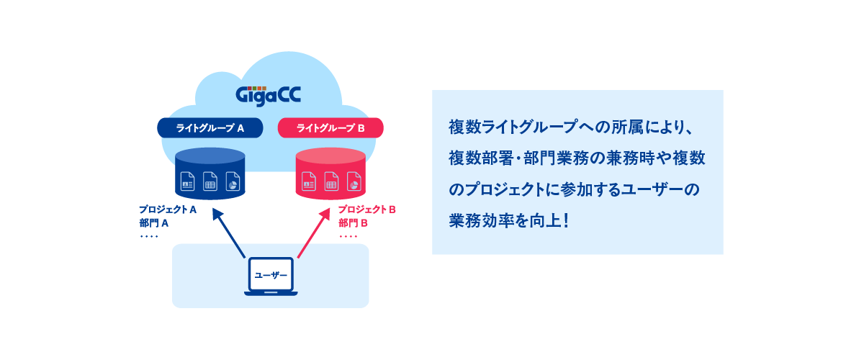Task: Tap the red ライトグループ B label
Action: pos(330,128)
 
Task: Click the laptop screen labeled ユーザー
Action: pos(271,275)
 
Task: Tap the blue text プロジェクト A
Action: pos(168,210)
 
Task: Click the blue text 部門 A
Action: pos(154,223)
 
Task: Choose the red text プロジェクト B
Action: pos(368,210)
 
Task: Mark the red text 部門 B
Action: pos(354,223)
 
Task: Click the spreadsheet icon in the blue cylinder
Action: pos(210,181)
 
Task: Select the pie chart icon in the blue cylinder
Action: pos(233,181)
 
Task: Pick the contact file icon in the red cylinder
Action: pos(309,181)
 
